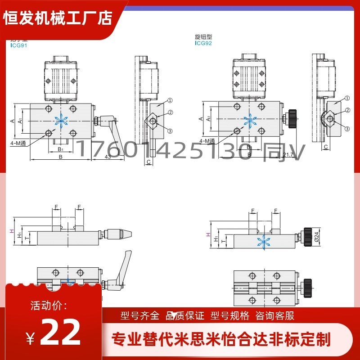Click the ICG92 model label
pos(203,44)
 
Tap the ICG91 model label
pos(18,45)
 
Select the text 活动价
pos(49,306)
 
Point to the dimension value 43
pos(108,157)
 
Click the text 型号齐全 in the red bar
pos(140,315)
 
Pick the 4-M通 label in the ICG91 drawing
pos(18,143)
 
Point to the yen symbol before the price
pos(30,337)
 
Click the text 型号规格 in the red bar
pos(230,315)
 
